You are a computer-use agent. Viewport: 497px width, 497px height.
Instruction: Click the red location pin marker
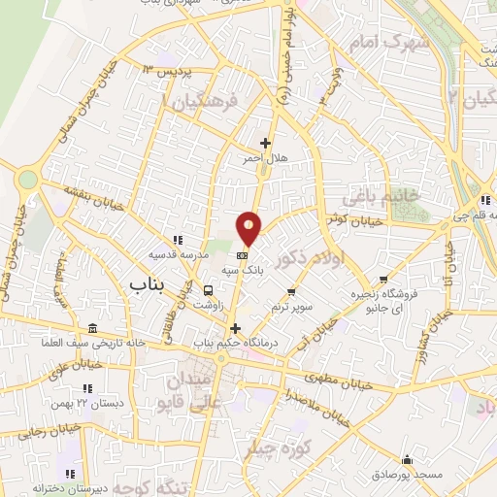(x=249, y=229)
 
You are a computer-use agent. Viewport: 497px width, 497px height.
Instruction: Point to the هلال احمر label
(x=290, y=158)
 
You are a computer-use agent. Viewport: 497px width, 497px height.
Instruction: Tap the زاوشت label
(x=207, y=305)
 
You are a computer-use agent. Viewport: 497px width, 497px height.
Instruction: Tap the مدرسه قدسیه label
(x=176, y=254)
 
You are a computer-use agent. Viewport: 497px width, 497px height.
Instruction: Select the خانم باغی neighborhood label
(x=380, y=196)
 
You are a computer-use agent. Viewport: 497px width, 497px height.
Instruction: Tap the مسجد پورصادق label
(x=406, y=476)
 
